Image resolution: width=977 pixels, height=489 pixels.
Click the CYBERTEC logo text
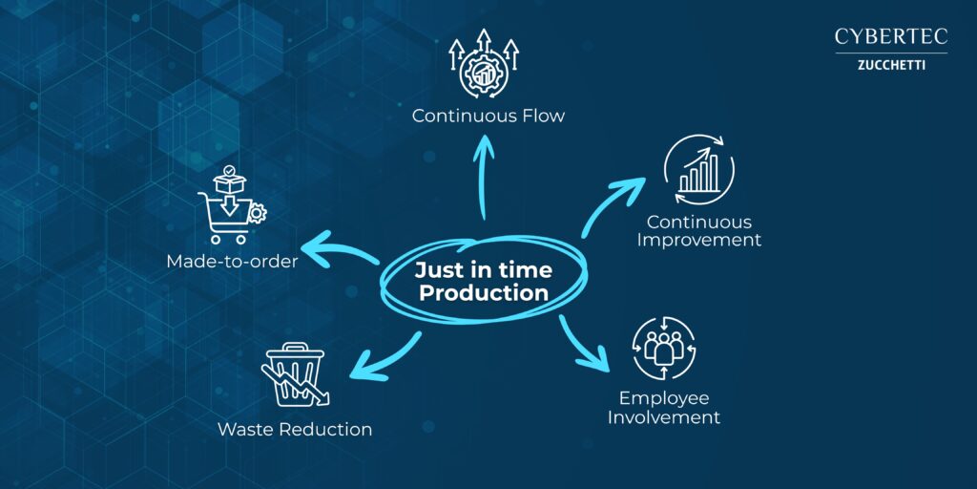pos(891,36)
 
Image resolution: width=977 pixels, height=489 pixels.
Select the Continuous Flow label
pos(488,116)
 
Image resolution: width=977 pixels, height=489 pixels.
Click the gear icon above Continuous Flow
pos(484,73)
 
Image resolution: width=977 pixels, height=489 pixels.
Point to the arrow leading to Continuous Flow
pos(483,177)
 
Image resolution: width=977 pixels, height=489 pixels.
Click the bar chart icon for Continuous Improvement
pos(699,170)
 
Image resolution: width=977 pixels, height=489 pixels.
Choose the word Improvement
pos(698,240)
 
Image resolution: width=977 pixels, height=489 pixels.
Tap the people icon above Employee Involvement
pos(664,348)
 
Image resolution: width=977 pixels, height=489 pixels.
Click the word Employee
pos(664,398)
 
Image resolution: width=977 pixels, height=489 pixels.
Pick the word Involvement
pos(664,416)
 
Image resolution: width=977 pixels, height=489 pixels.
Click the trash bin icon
pos(294,374)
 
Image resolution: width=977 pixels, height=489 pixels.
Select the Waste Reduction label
pos(295,430)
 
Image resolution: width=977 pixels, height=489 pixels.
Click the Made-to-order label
pos(232,262)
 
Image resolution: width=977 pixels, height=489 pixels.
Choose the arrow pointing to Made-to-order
pos(343,248)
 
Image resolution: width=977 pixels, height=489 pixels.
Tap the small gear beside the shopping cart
pos(257,214)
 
